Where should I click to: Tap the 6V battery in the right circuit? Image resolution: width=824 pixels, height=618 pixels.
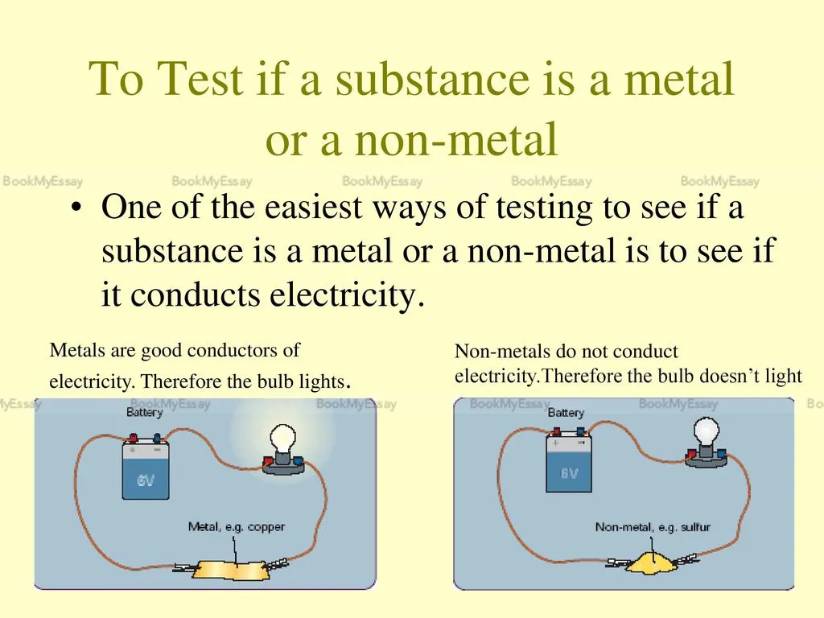pos(569,463)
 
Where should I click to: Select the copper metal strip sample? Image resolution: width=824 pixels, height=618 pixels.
pos(234,571)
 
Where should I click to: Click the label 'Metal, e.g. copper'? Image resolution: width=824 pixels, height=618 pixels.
pos(237,527)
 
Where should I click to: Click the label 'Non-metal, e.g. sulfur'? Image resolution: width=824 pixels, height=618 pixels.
pos(653,527)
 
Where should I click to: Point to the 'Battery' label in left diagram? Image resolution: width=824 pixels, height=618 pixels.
pos(144,412)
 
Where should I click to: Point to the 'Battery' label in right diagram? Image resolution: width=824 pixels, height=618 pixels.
pos(566,413)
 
